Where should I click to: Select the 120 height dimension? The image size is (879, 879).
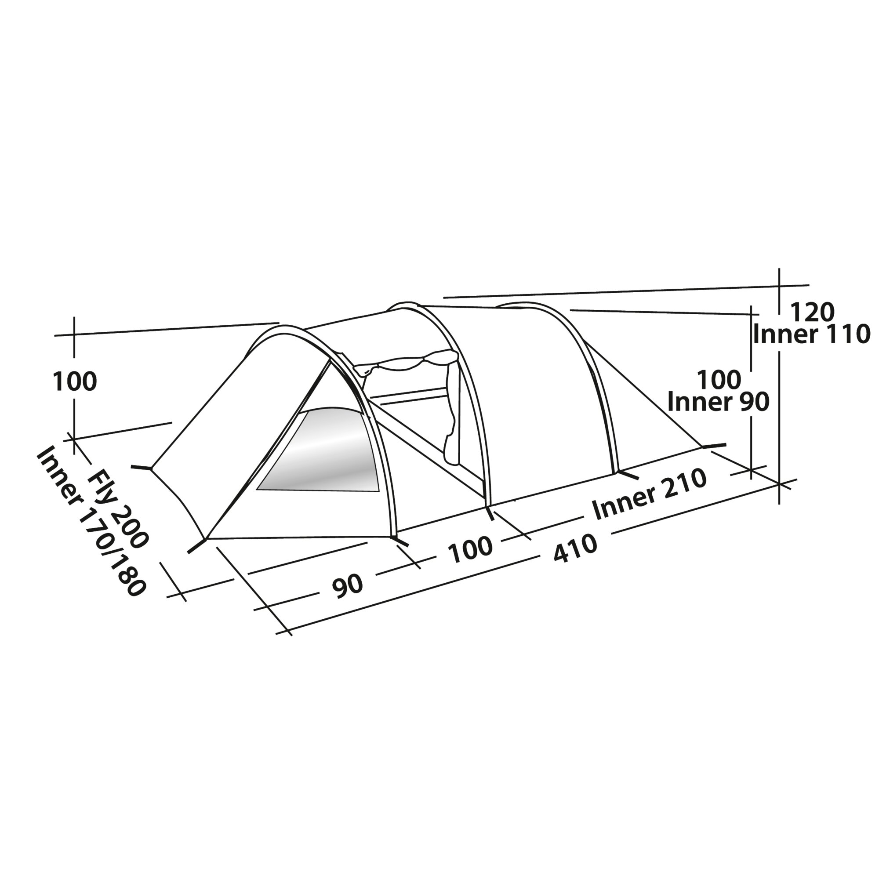click(x=812, y=312)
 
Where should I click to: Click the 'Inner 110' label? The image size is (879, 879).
click(x=812, y=334)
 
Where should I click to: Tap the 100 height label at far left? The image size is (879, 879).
click(x=75, y=381)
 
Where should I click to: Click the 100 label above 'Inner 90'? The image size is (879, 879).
click(x=719, y=379)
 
